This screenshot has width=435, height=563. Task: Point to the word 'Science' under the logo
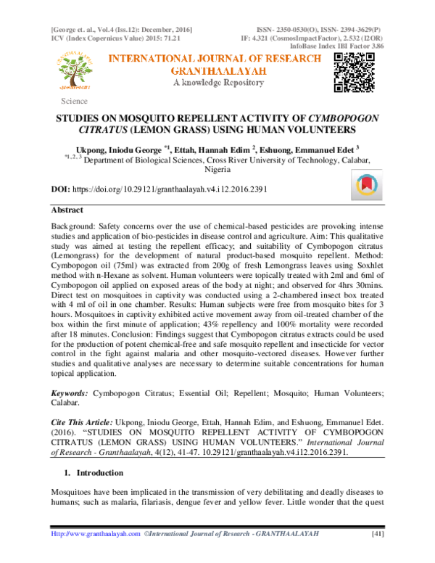(75, 102)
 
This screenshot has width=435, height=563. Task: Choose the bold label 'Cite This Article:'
(81, 421)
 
